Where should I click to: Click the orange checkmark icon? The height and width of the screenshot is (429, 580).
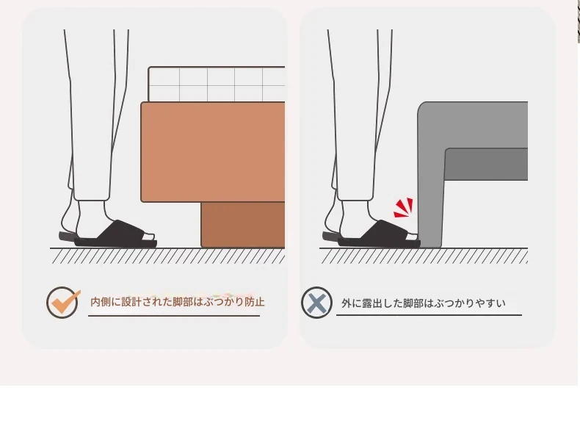tap(62, 303)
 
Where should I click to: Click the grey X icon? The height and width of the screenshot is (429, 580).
tap(316, 303)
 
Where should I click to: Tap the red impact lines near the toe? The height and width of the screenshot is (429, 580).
tap(403, 208)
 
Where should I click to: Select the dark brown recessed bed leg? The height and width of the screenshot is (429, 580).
tap(243, 225)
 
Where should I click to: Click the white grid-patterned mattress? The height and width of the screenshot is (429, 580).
tap(217, 84)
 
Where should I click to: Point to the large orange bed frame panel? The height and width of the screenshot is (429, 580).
tap(213, 152)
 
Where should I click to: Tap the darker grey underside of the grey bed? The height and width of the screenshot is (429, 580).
tap(486, 165)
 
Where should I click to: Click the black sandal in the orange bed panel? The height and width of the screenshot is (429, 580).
tap(108, 234)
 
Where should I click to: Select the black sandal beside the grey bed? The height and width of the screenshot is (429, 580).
tap(371, 234)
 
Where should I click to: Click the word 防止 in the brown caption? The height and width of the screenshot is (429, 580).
tap(255, 302)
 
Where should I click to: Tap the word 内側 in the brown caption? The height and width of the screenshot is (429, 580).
tap(101, 302)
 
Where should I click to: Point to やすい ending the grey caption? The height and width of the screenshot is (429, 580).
tap(490, 303)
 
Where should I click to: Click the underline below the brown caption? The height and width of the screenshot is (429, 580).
tap(174, 316)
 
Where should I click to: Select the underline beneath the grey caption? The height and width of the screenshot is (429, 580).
tap(429, 315)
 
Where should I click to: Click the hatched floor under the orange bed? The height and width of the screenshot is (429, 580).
tap(167, 256)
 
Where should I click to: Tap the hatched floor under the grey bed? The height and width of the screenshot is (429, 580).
tap(424, 256)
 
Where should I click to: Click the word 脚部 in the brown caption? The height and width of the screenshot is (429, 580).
tap(183, 302)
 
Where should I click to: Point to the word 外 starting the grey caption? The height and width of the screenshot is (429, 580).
tap(347, 303)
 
